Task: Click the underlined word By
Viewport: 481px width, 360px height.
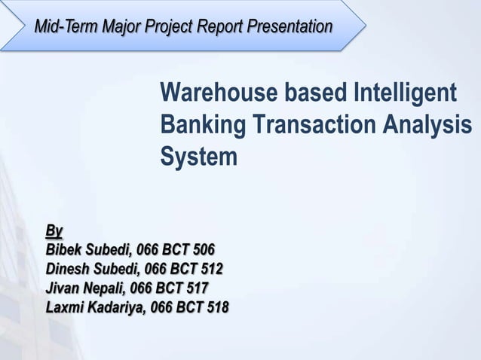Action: click(54, 229)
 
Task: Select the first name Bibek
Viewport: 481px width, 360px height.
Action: click(63, 249)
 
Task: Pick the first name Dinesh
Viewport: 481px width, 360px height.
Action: click(67, 269)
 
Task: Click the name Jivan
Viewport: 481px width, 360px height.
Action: click(62, 288)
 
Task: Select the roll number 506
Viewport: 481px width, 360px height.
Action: click(203, 249)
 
